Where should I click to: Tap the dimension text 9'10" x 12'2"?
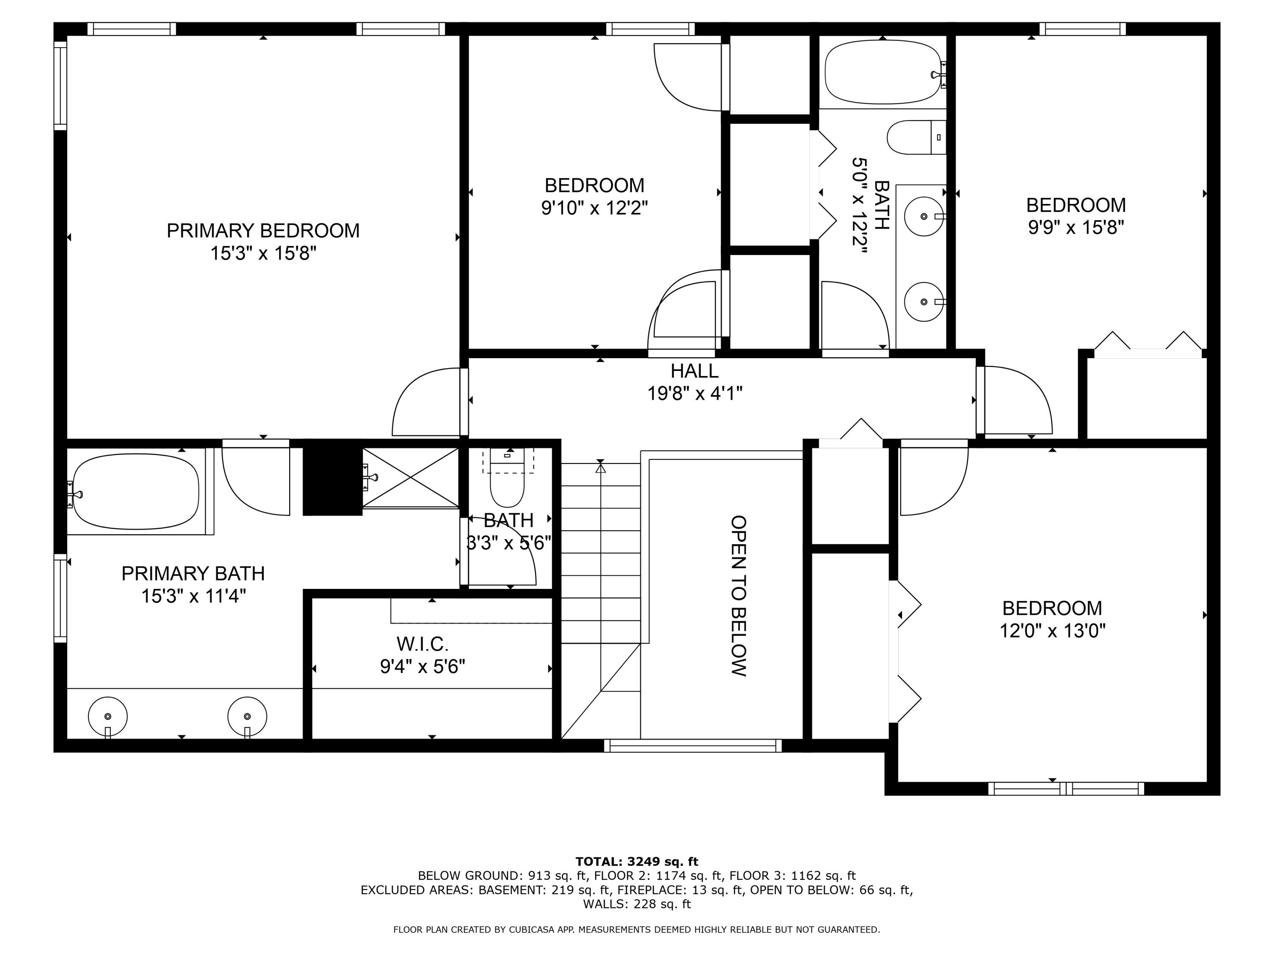595,208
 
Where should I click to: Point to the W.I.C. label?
422,644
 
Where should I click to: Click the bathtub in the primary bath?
136,492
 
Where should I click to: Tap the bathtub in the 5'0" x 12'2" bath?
882,72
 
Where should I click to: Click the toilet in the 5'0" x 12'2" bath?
916,137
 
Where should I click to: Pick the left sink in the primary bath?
108,716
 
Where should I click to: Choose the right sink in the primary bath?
247,716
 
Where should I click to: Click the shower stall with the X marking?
410,478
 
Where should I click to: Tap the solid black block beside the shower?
333,478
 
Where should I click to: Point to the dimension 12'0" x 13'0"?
1052,631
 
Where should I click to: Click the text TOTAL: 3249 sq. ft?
637,862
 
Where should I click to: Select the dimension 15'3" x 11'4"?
194,596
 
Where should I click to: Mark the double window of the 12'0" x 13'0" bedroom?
1066,788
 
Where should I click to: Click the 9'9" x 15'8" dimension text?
1076,228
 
